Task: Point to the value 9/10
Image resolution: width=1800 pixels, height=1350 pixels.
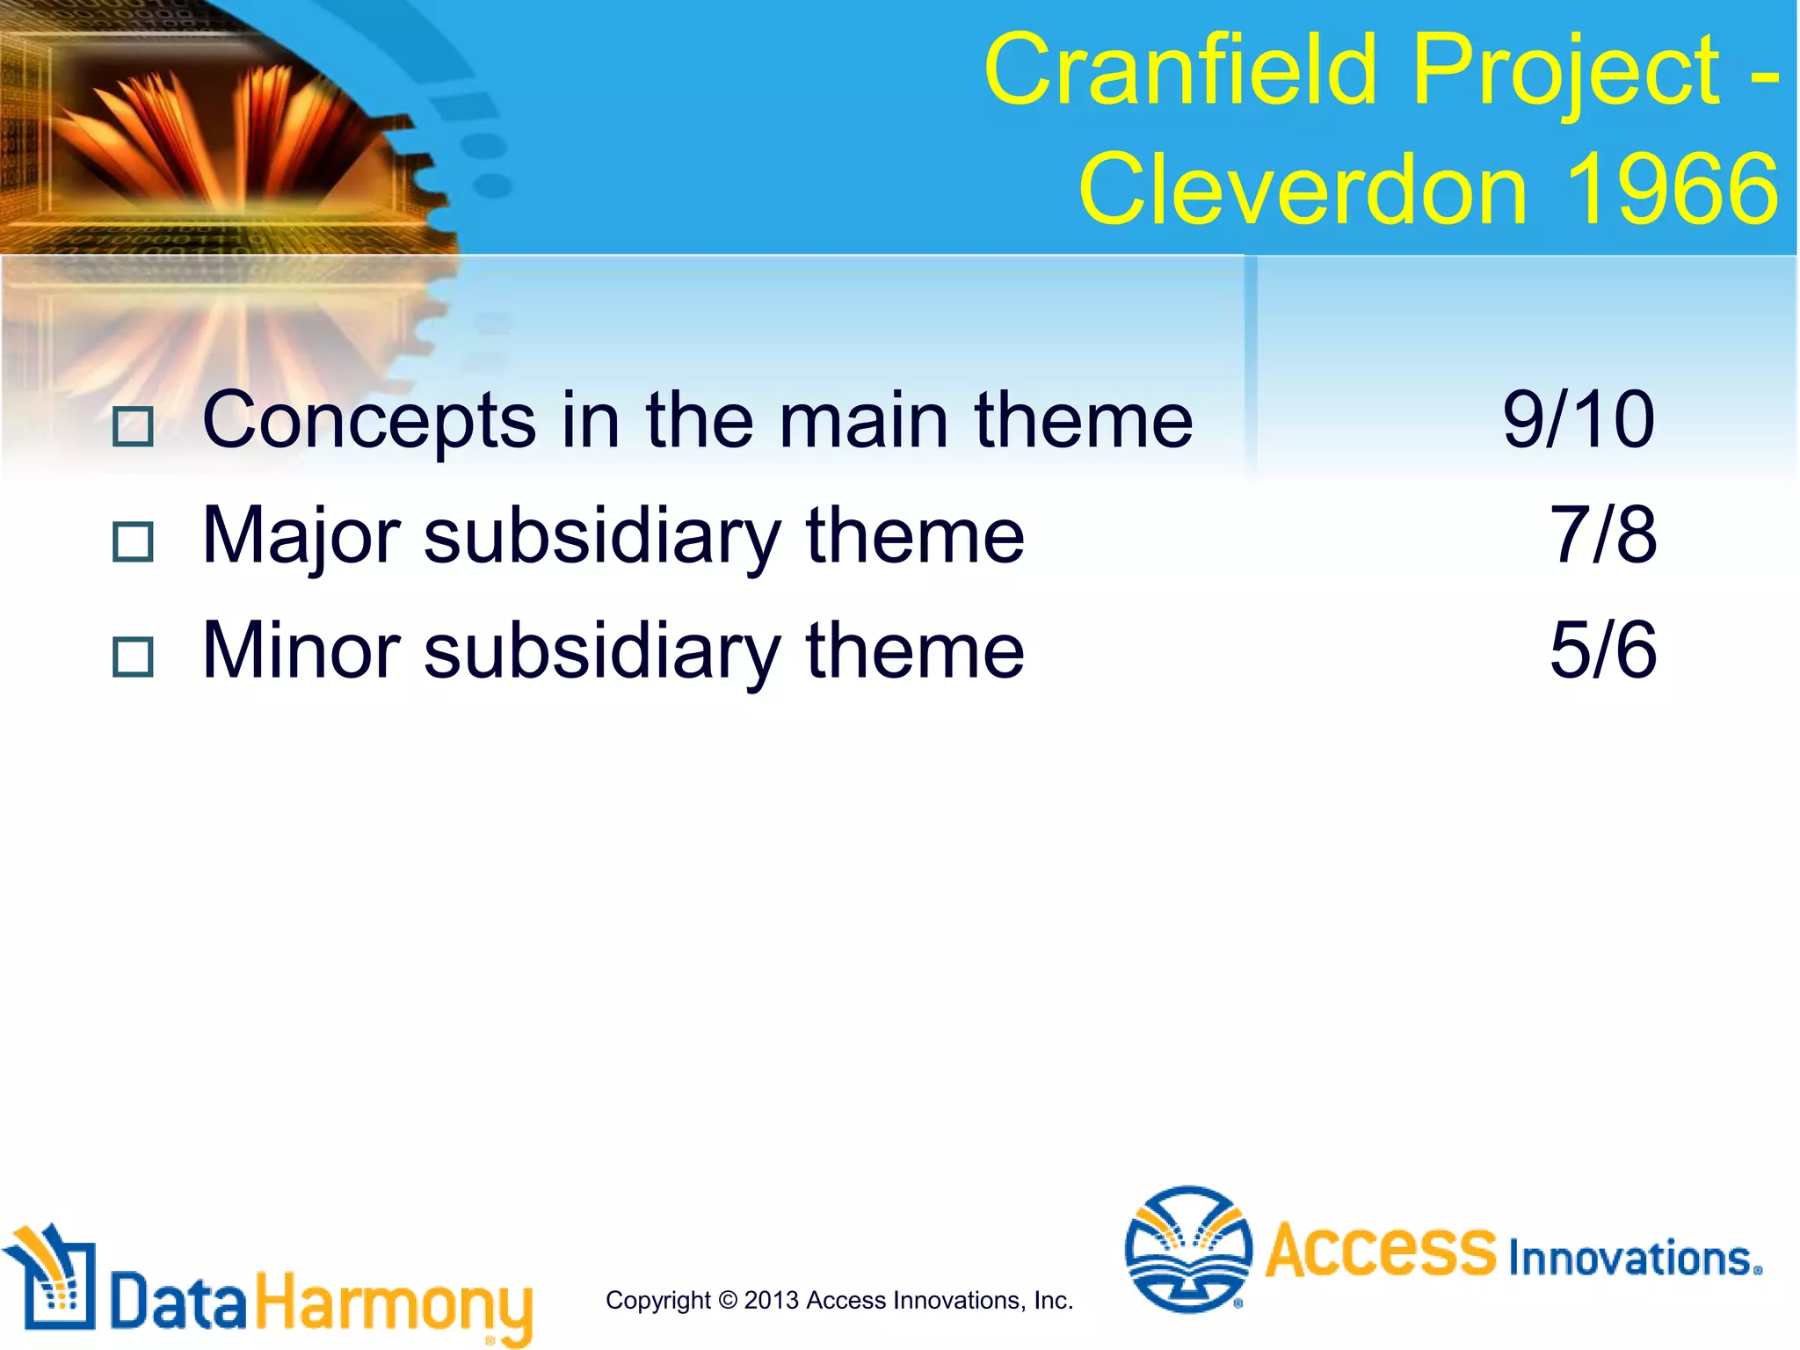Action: click(x=1579, y=420)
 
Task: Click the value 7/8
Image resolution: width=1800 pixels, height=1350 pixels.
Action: click(x=1602, y=535)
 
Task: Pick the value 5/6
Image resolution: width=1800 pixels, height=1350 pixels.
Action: click(x=1602, y=650)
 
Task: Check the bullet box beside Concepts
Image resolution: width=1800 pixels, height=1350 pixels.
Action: click(x=134, y=427)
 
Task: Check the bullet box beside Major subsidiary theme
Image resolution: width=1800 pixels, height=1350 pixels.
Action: click(x=134, y=542)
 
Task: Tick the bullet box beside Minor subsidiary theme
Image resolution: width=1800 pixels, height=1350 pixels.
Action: click(x=134, y=657)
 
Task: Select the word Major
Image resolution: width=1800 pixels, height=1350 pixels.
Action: click(x=301, y=536)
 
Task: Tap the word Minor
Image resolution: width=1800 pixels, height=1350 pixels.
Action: click(x=301, y=650)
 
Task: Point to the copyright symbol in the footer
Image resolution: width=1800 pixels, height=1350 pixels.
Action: click(x=728, y=1300)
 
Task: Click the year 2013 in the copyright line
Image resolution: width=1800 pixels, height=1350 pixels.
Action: click(x=772, y=1300)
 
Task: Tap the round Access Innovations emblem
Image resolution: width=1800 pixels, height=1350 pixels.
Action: click(x=1188, y=1249)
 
